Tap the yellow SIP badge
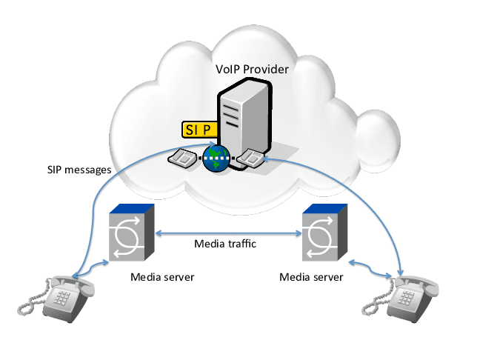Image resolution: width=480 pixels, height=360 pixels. (199, 129)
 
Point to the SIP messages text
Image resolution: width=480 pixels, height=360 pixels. (77, 170)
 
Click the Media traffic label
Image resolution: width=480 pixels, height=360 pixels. (225, 243)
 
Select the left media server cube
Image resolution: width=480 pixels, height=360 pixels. (131, 233)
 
